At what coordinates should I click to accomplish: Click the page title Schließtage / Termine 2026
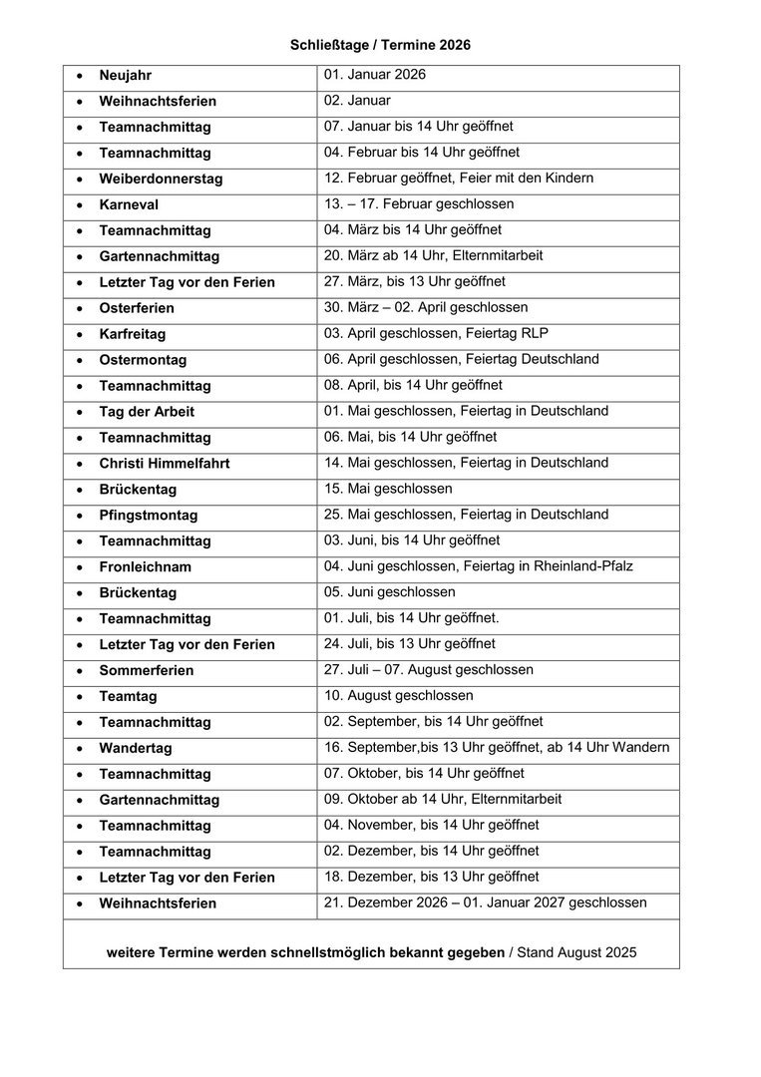pos(380,45)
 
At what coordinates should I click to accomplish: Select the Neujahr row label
pos(126,76)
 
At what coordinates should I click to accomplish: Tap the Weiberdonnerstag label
pos(161,179)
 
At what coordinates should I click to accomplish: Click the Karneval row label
pos(129,205)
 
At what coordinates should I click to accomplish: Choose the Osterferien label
pos(137,308)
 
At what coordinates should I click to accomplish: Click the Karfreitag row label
pos(133,334)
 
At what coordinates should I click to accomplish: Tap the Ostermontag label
pos(143,360)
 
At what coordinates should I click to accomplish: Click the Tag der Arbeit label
pos(147,412)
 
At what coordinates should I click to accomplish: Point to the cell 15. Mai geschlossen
pos(388,489)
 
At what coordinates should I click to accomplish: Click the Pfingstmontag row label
pos(149,516)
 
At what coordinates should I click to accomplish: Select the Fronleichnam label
pos(146,567)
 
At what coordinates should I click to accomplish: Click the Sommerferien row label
pos(147,671)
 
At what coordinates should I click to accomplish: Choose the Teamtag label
pos(128,697)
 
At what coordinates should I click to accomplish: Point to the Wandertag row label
pos(136,748)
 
